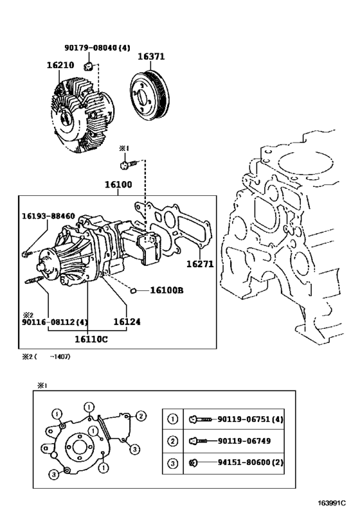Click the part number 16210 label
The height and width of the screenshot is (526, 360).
[60, 65]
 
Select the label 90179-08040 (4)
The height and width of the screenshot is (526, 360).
[97, 48]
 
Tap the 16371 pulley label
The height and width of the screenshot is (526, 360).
[152, 57]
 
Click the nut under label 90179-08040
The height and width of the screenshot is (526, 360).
[88, 66]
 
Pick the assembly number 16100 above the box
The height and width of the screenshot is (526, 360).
[118, 184]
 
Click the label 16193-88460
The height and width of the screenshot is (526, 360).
[48, 216]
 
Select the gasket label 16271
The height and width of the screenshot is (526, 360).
[200, 264]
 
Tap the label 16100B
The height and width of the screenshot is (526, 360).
[166, 290]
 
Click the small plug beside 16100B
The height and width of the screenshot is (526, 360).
[133, 290]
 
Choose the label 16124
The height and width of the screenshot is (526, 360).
[127, 322]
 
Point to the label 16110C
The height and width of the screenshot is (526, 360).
[91, 339]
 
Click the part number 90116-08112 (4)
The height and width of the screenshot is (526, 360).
[55, 322]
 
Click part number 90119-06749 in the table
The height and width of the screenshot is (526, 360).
[244, 441]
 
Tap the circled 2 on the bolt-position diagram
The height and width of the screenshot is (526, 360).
[141, 416]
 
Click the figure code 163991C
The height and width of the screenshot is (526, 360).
[332, 503]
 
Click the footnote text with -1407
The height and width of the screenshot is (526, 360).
[46, 356]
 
